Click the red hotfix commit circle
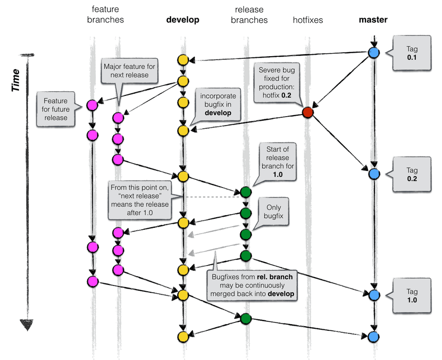coord(308,113)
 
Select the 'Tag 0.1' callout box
coord(412,53)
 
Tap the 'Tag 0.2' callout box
coord(412,173)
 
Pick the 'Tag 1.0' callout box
coord(412,295)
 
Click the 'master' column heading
coord(373,20)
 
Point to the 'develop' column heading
coord(182,20)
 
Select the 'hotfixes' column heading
coord(308,20)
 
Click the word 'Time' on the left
coord(16,80)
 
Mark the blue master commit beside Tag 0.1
coord(373,53)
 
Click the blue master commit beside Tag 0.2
coord(373,174)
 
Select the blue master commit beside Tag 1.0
coord(373,295)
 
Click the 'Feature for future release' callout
coord(55,108)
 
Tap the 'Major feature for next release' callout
coord(130,71)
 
